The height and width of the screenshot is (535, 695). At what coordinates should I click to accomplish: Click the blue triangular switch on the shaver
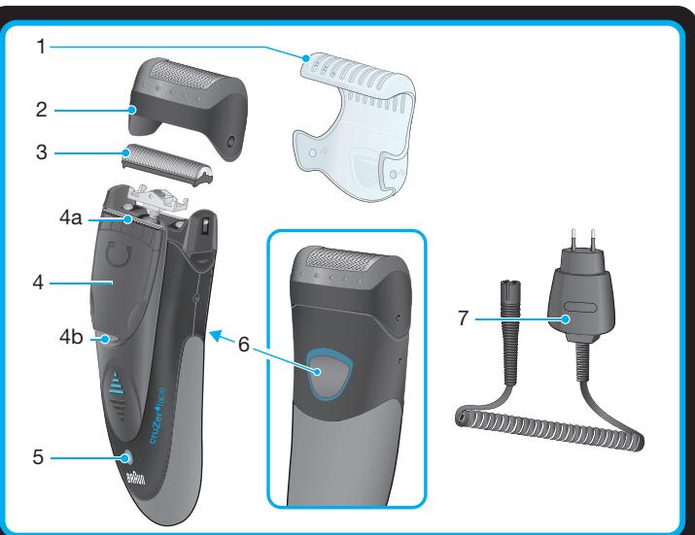tap(116, 386)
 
